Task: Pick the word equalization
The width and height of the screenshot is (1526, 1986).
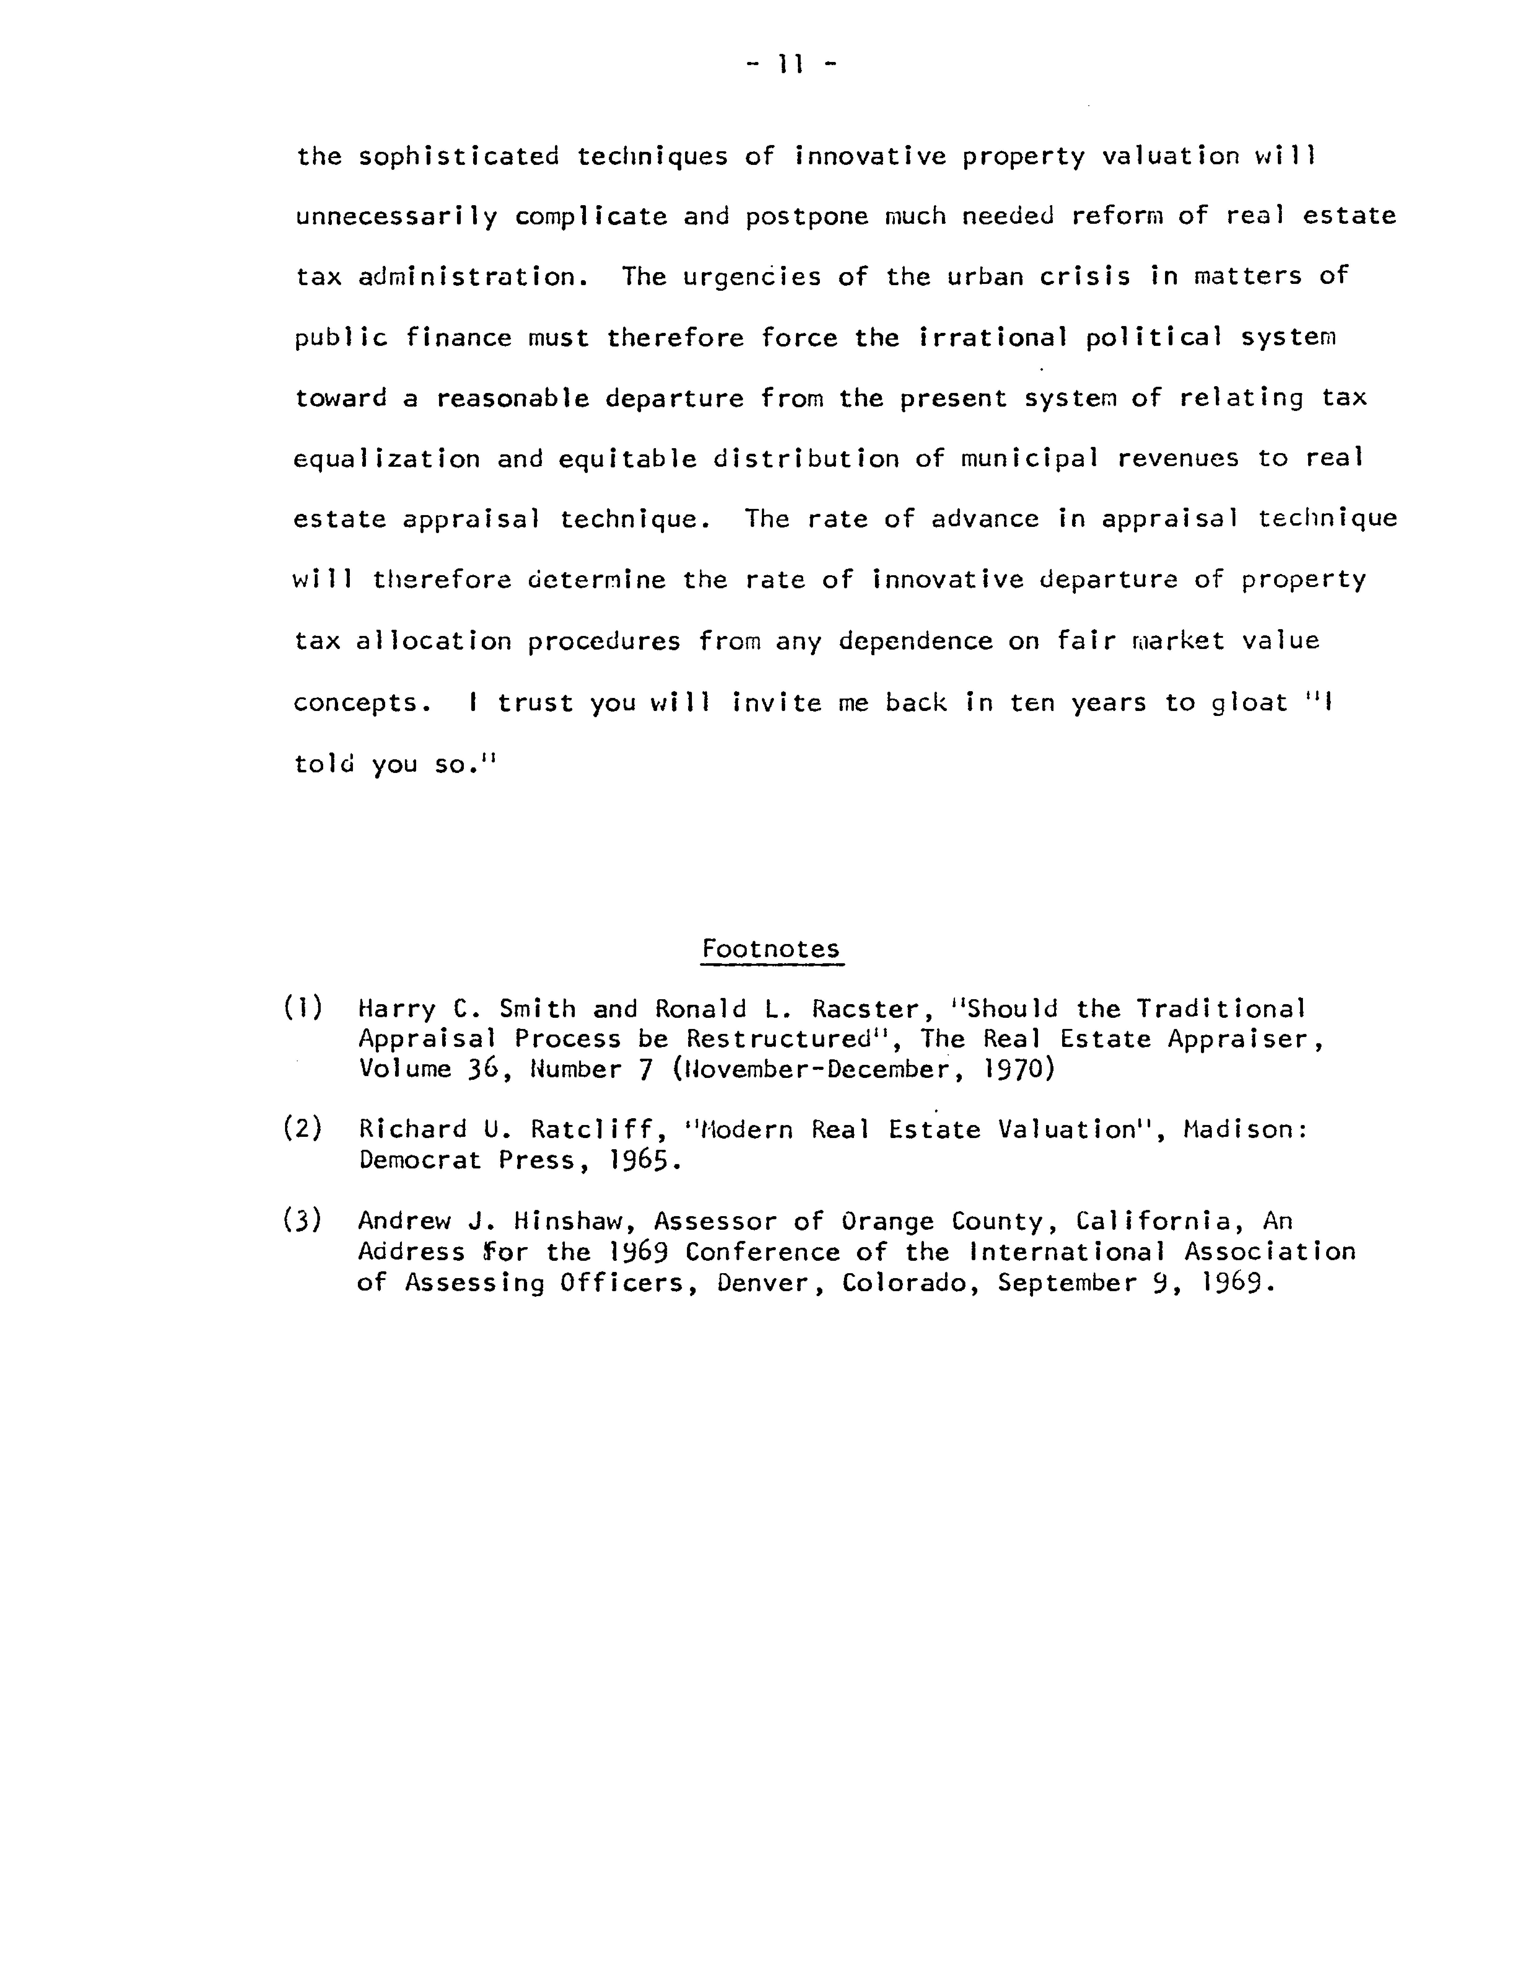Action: [387, 459]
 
